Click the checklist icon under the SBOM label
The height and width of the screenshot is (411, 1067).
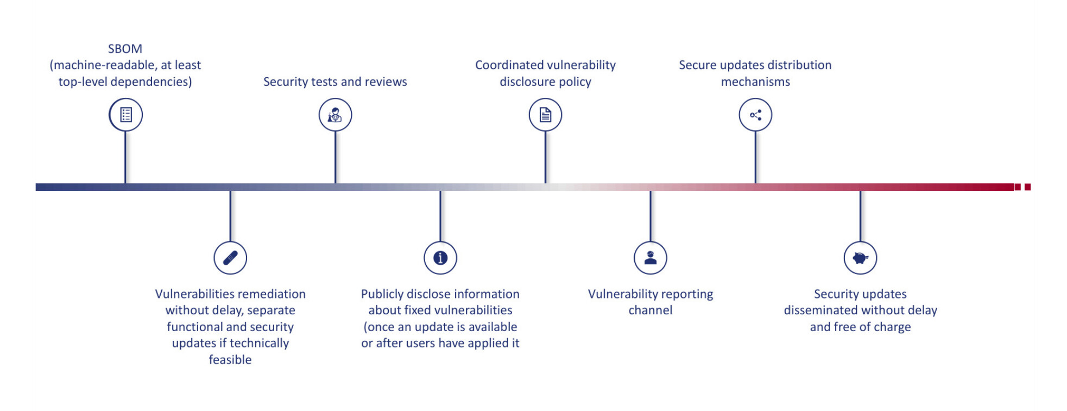pyautogui.click(x=125, y=115)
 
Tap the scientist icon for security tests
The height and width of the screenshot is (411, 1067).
pyautogui.click(x=335, y=115)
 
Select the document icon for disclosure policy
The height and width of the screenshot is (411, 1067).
pyautogui.click(x=545, y=115)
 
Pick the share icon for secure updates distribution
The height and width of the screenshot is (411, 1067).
pyautogui.click(x=755, y=115)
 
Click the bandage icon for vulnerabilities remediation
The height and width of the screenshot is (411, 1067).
pyautogui.click(x=230, y=258)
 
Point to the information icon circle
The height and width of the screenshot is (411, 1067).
pyautogui.click(x=440, y=258)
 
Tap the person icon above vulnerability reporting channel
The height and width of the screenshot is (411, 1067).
pyautogui.click(x=651, y=258)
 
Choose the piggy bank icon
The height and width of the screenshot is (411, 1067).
pyautogui.click(x=860, y=258)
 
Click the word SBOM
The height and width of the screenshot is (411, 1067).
pyautogui.click(x=125, y=49)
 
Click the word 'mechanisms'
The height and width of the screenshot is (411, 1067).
pyautogui.click(x=755, y=82)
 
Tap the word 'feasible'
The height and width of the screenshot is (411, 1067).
pyautogui.click(x=230, y=359)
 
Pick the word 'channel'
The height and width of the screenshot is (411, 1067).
pyautogui.click(x=651, y=310)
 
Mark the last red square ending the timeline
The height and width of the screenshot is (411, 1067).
pyautogui.click(x=1027, y=187)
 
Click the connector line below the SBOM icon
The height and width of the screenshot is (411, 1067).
pyautogui.click(x=125, y=158)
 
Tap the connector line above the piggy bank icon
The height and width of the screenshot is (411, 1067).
pyautogui.click(x=860, y=216)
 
